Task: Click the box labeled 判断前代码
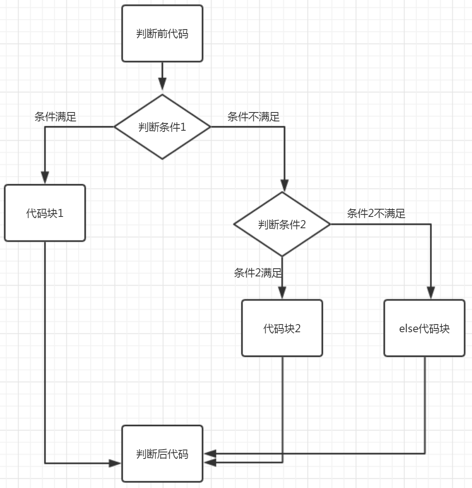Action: click(x=162, y=34)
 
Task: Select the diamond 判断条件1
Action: click(x=162, y=127)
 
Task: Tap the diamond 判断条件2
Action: click(x=282, y=224)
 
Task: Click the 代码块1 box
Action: click(x=45, y=213)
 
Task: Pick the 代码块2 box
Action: click(x=282, y=328)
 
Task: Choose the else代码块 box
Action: click(x=424, y=328)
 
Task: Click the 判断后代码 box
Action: click(x=162, y=454)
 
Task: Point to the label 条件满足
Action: click(x=55, y=117)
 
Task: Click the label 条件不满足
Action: click(x=253, y=117)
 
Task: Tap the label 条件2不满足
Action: click(x=376, y=213)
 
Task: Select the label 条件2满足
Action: click(x=257, y=273)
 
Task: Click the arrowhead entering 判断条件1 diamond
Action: click(x=162, y=84)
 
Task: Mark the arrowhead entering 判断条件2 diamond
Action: click(x=284, y=185)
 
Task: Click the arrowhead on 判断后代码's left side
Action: click(x=115, y=463)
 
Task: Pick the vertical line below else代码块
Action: click(x=425, y=405)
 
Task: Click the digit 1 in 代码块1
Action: click(x=61, y=213)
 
